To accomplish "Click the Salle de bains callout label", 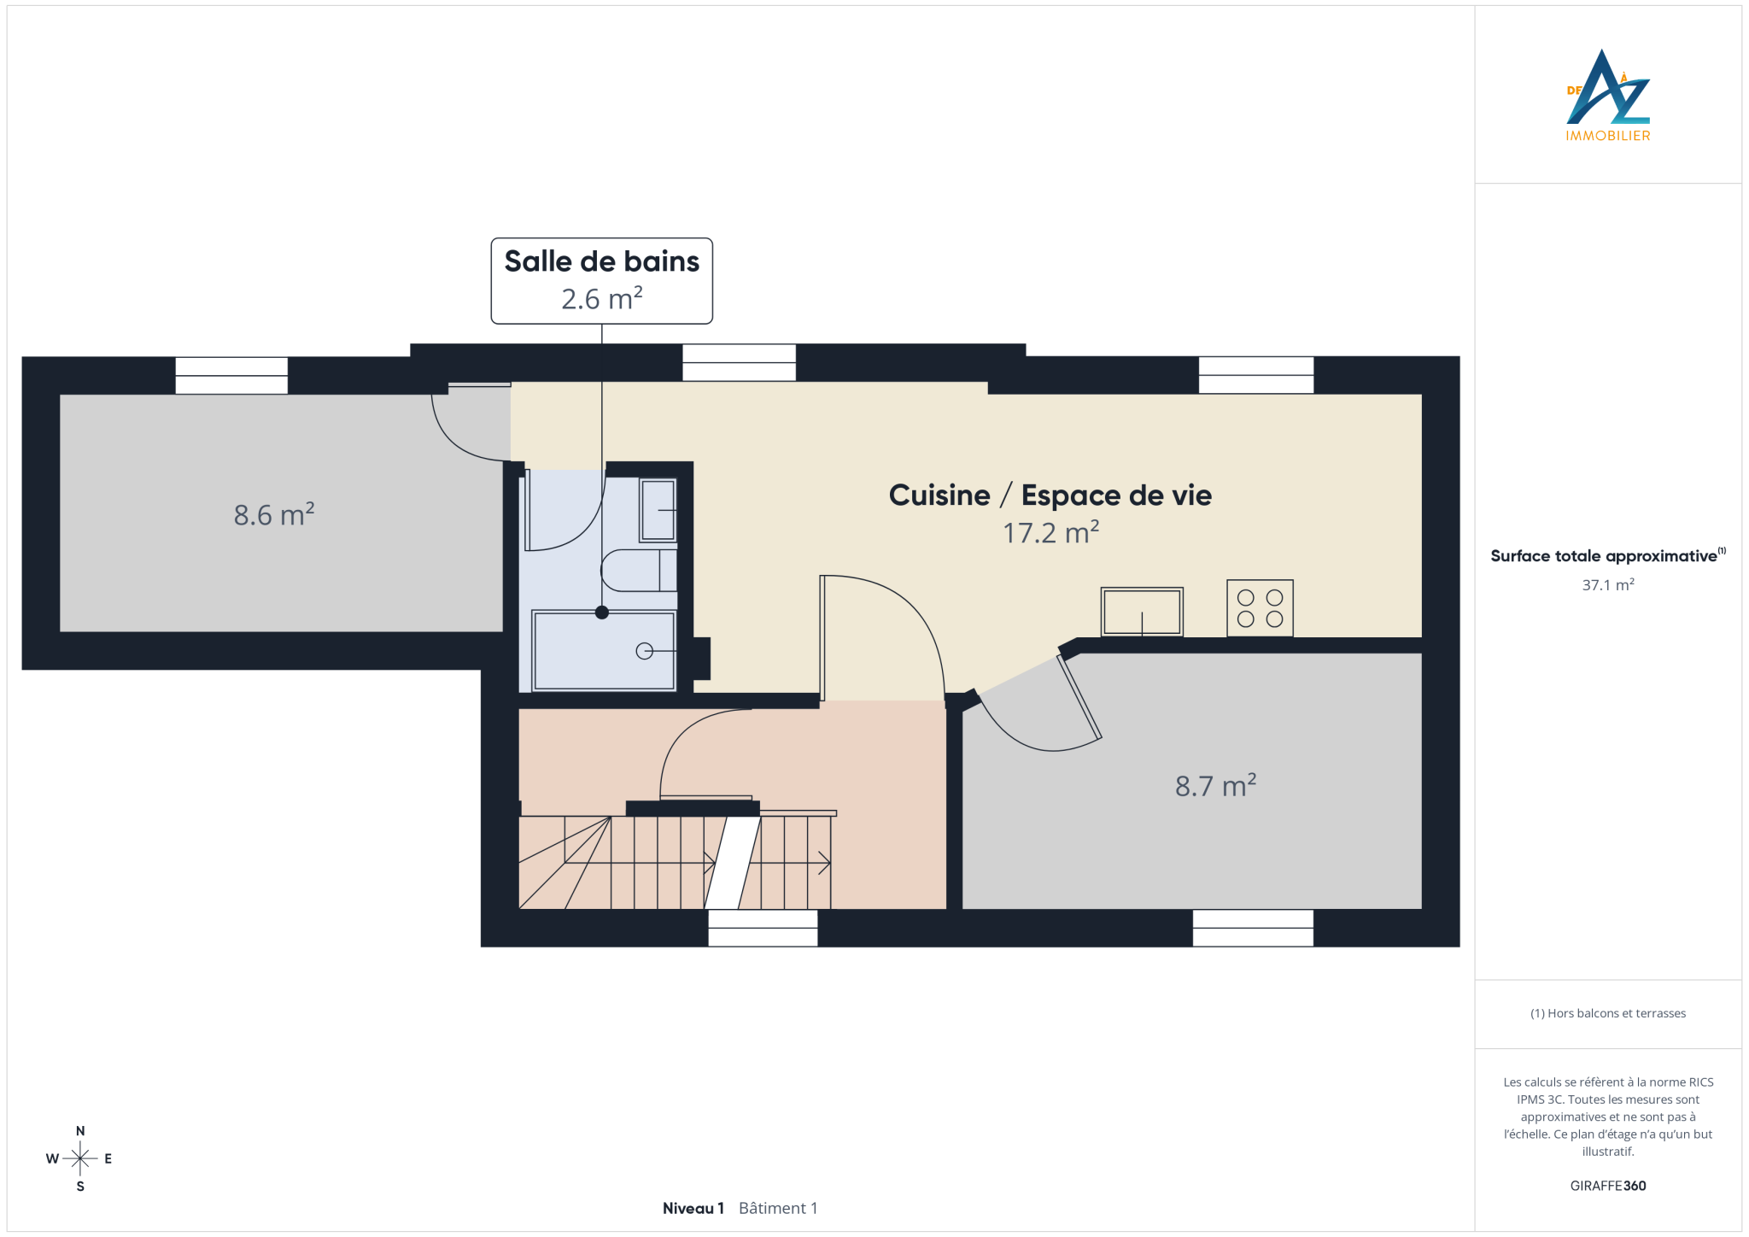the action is pos(601,280).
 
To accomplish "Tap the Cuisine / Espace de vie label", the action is pos(1050,495).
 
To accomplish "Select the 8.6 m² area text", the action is pos(274,514).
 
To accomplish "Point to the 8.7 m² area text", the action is pos(1215,785).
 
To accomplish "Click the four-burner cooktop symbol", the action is pos(1260,608).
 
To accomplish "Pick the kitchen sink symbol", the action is pos(1142,612).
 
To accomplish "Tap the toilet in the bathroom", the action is pos(639,570).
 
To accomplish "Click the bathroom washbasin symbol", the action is pos(658,510).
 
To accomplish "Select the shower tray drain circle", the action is pos(644,651).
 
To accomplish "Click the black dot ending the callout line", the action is pos(602,612).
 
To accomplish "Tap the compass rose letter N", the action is pos(80,1131).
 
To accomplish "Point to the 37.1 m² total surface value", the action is pos(1607,585).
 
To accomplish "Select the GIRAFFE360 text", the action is pos(1607,1186).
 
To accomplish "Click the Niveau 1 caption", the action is pos(693,1208).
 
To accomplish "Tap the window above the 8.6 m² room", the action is pos(231,375).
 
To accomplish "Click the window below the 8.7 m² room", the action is pos(1253,928).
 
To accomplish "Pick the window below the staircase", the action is pos(763,928).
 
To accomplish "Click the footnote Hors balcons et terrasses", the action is pos(1607,1013).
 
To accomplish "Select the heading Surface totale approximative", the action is pos(1604,556).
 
